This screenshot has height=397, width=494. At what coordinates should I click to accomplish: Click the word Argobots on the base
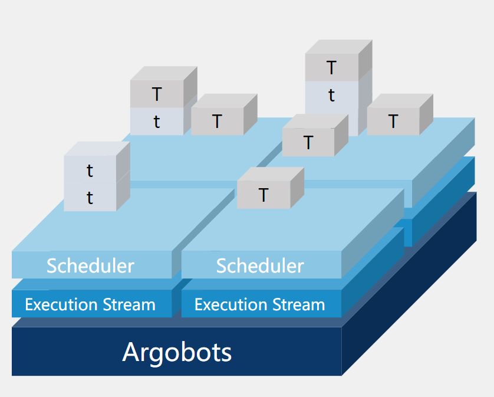pos(177,352)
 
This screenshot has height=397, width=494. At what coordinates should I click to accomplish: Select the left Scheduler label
pos(90,266)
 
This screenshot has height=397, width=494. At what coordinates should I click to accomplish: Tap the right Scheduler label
pos(260,266)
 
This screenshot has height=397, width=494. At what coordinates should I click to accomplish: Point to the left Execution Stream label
pos(90,305)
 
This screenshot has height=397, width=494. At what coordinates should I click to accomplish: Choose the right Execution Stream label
pos(260,305)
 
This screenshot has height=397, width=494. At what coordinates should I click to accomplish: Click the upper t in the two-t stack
pos(90,171)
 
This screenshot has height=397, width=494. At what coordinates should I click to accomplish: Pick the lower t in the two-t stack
pos(90,198)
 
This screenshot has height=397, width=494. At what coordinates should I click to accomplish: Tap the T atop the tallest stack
pos(331,68)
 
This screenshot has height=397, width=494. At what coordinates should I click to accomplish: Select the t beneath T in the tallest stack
pos(331,96)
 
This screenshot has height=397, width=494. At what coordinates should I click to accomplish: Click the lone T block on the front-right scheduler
pos(263,195)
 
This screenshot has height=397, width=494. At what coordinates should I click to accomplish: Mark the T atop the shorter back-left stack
pos(156,94)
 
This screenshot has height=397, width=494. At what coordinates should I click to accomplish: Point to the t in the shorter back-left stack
pos(156,122)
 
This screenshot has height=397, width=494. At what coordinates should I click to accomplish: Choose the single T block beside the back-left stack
pos(217,122)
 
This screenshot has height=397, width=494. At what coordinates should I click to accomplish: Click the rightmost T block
pos(393,122)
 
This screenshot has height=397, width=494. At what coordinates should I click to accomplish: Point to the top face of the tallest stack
pos(340,47)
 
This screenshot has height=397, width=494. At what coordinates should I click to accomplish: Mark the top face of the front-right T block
pos(271,174)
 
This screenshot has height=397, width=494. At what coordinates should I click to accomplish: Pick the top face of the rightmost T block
pos(401,101)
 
